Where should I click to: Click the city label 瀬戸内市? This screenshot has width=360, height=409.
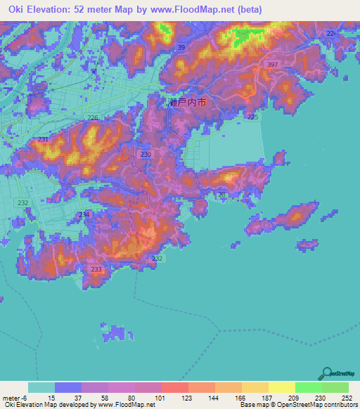tap(187, 103)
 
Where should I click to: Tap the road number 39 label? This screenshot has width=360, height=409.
tap(181, 47)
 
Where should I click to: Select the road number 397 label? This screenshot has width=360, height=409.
tap(273, 65)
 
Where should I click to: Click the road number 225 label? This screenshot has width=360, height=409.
tap(253, 117)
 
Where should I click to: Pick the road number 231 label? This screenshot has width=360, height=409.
tap(44, 139)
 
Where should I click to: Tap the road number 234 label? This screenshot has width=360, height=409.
tap(84, 214)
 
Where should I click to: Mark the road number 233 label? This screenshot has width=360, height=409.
tap(96, 269)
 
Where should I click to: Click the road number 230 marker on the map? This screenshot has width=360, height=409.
tap(146, 154)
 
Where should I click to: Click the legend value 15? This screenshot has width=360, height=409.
tap(50, 397)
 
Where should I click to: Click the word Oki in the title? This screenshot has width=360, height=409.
tap(15, 8)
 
